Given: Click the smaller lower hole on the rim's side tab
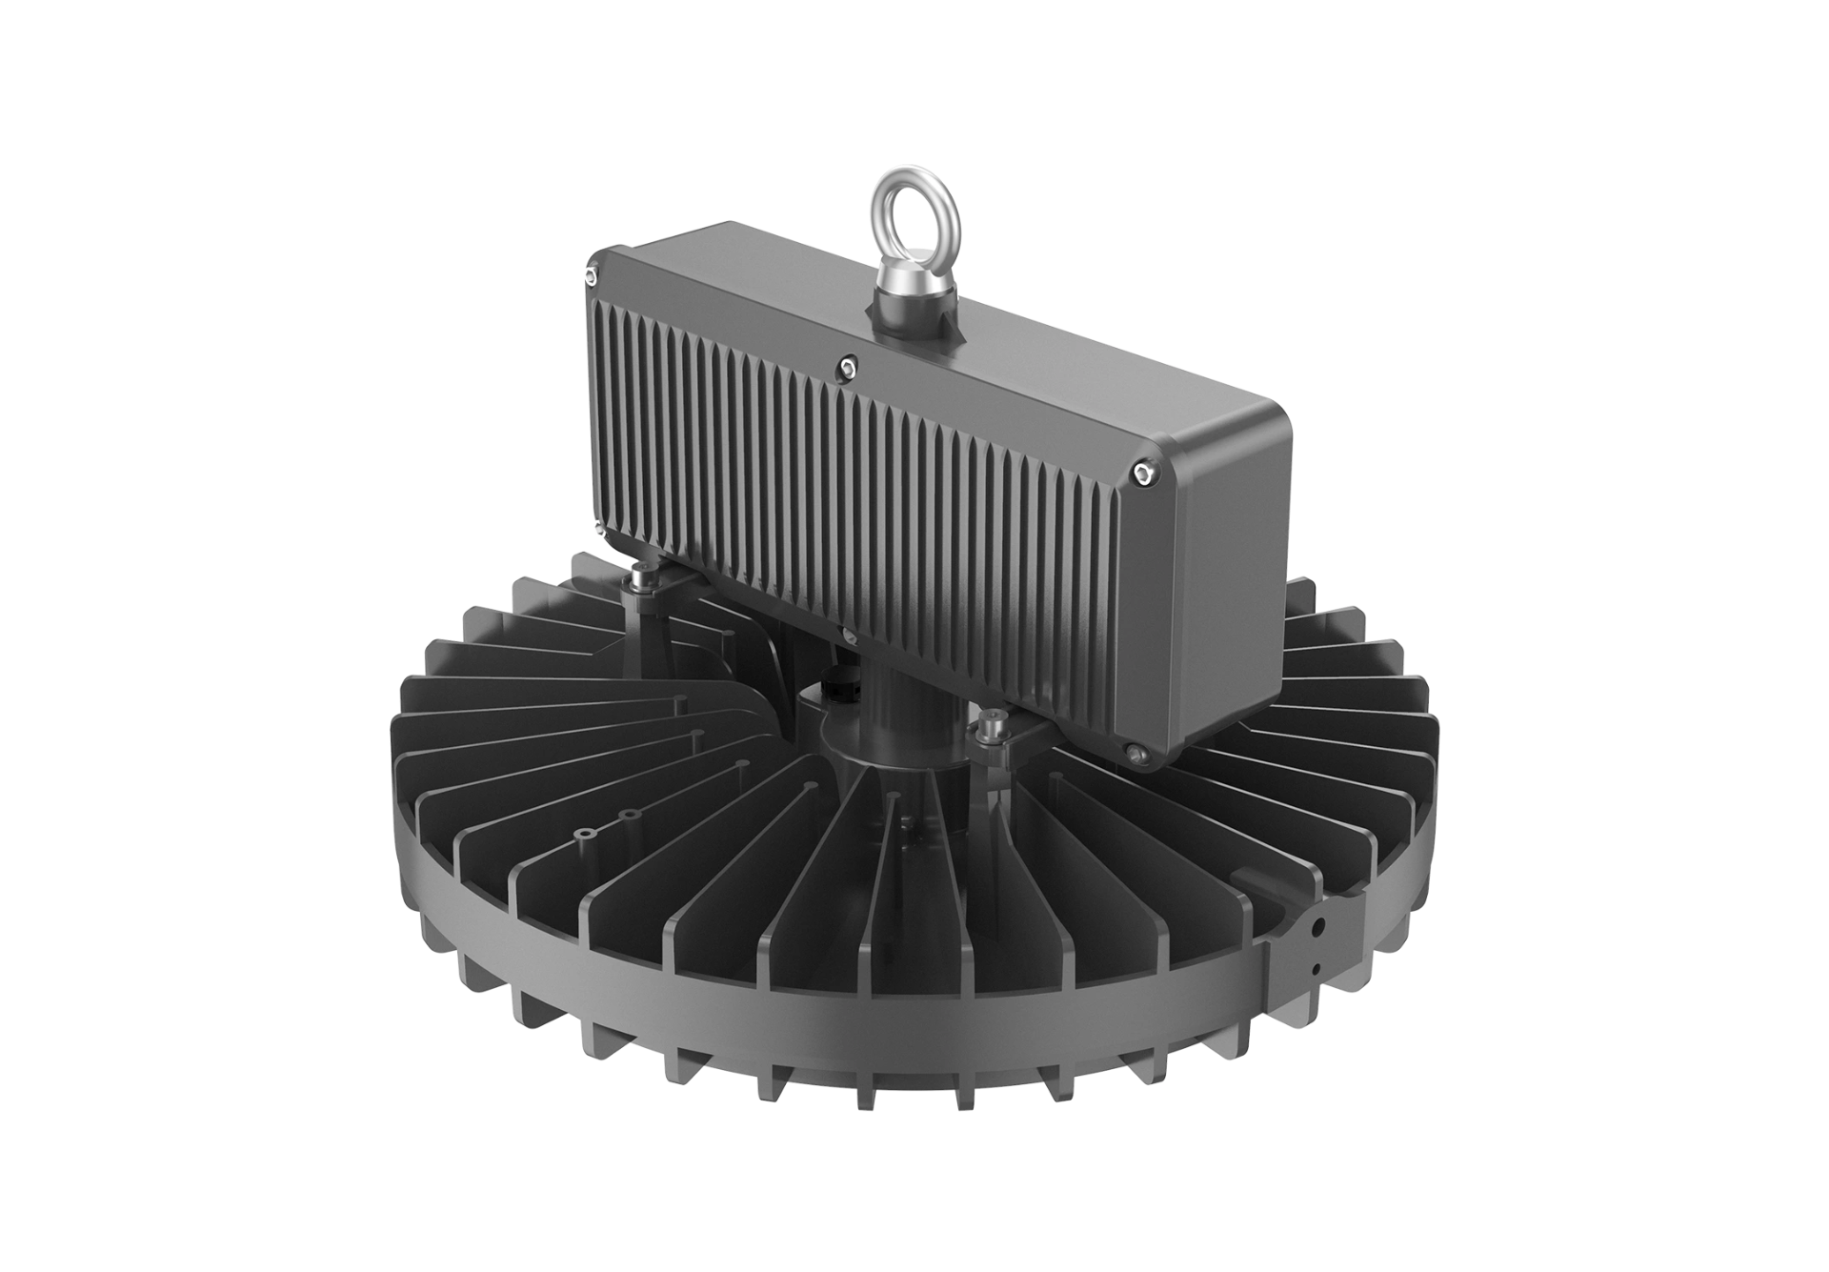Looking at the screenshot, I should [1316, 969].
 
